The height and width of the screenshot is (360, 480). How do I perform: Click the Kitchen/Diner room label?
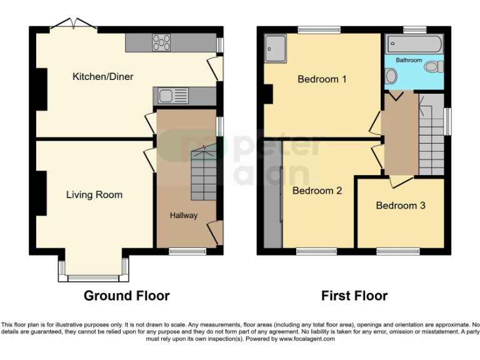(x=103, y=77)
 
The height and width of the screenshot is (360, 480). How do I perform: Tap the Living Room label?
(x=94, y=195)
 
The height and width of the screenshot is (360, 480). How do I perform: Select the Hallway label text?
(x=184, y=216)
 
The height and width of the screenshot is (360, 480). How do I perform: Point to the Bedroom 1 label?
(x=322, y=79)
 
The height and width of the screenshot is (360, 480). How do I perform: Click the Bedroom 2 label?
(x=317, y=191)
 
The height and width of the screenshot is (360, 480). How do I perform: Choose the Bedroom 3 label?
(x=401, y=206)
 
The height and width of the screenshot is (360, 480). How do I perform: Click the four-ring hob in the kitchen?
(x=161, y=42)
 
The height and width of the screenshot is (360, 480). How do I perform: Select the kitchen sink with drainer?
(x=172, y=96)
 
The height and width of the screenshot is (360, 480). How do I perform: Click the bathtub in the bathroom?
(x=414, y=44)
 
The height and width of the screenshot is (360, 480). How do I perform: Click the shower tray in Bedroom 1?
(x=275, y=49)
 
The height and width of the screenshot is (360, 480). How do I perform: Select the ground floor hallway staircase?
(x=204, y=172)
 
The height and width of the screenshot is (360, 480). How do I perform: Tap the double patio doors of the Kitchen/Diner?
(x=74, y=26)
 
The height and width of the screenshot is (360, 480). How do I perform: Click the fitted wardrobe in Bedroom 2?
(x=272, y=194)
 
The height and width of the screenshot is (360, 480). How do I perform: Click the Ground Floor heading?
(x=127, y=296)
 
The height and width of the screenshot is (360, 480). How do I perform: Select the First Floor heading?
(x=354, y=296)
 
